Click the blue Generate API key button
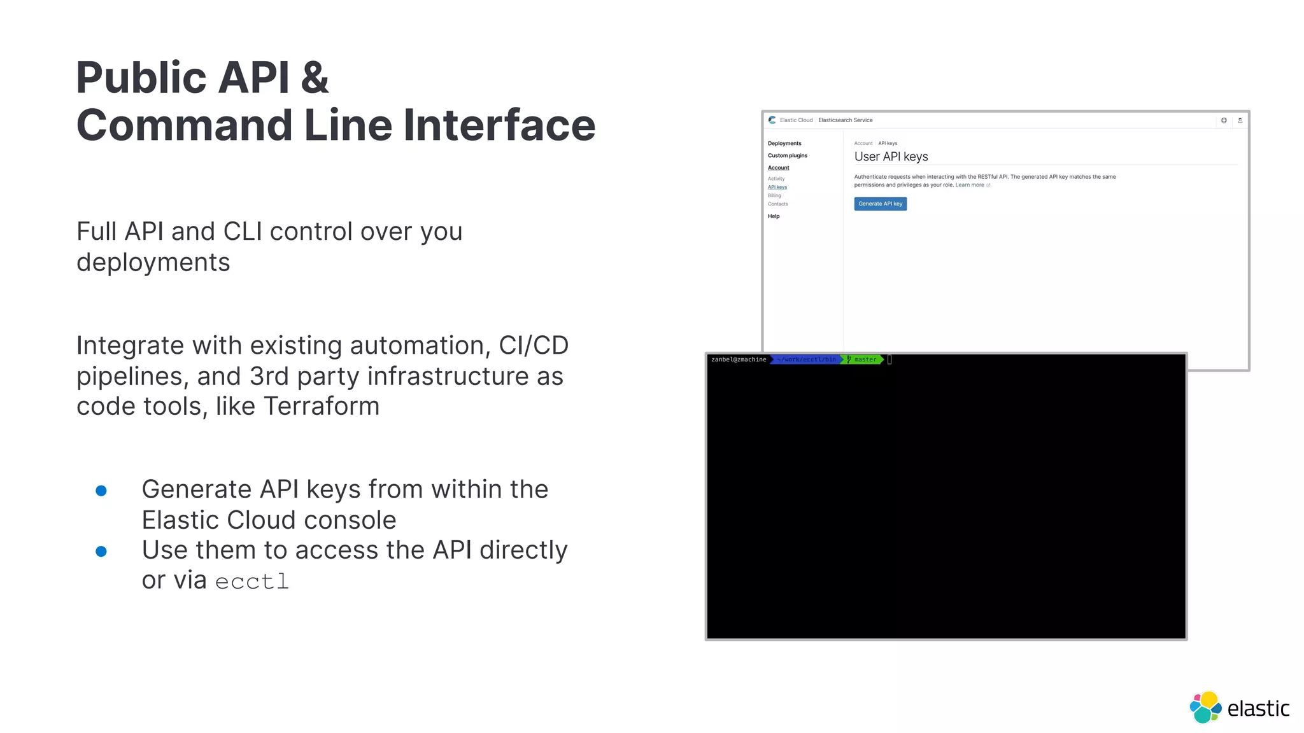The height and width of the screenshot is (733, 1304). tap(880, 204)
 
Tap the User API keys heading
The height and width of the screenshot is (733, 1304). tap(891, 157)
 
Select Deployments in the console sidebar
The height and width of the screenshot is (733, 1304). tap(784, 143)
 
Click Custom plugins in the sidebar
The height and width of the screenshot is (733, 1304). tap(787, 155)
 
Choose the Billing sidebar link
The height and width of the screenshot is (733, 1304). tap(774, 195)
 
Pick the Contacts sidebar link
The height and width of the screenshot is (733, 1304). tap(777, 204)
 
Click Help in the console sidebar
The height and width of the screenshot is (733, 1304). tap(774, 216)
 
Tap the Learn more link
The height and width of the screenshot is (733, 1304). tap(970, 185)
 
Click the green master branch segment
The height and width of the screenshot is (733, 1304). tap(864, 360)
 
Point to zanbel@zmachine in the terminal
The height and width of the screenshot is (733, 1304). tap(739, 360)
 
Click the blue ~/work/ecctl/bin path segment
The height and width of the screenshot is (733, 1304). tap(806, 360)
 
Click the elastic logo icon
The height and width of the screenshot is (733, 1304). tap(1205, 707)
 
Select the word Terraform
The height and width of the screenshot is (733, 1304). tap(322, 406)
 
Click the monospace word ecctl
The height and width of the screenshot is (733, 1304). tap(252, 582)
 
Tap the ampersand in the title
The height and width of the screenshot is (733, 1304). tap(315, 78)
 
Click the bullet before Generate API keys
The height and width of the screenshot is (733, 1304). tap(101, 491)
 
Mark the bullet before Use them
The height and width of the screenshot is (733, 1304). tap(101, 551)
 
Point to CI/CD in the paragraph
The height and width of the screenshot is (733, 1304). tap(534, 346)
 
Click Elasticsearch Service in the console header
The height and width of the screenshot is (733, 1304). tap(845, 120)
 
